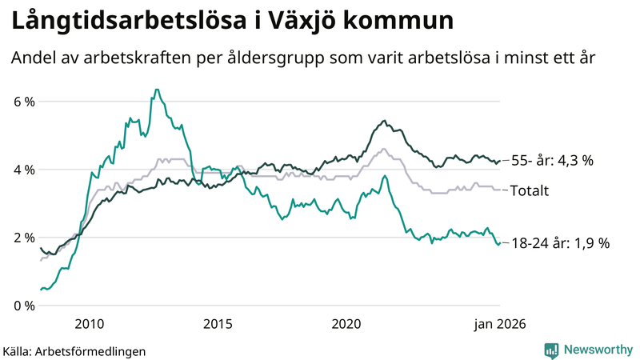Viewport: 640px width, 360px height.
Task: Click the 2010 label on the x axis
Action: point(89,324)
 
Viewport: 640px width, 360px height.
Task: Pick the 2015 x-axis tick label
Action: point(218,324)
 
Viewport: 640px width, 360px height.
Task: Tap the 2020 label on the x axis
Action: point(346,324)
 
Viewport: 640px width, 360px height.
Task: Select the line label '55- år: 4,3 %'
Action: point(552,161)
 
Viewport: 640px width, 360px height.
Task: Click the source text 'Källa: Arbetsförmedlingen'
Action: point(74,350)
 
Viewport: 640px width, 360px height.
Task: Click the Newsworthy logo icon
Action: point(551,350)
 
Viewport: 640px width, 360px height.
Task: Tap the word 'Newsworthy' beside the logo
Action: point(598,350)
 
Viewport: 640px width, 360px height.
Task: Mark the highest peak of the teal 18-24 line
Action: point(156,89)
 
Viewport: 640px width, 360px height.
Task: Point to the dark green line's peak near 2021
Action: point(385,121)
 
